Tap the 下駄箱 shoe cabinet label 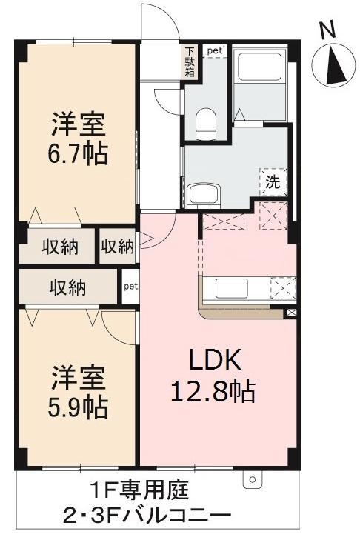coord(190,62)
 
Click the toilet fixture coord(205,121)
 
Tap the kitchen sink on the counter coord(227,287)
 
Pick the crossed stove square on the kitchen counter coord(283,287)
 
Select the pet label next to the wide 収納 coord(130,285)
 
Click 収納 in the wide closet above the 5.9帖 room coord(68,286)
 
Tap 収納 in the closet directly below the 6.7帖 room coord(59,247)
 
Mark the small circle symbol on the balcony coord(252,480)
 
